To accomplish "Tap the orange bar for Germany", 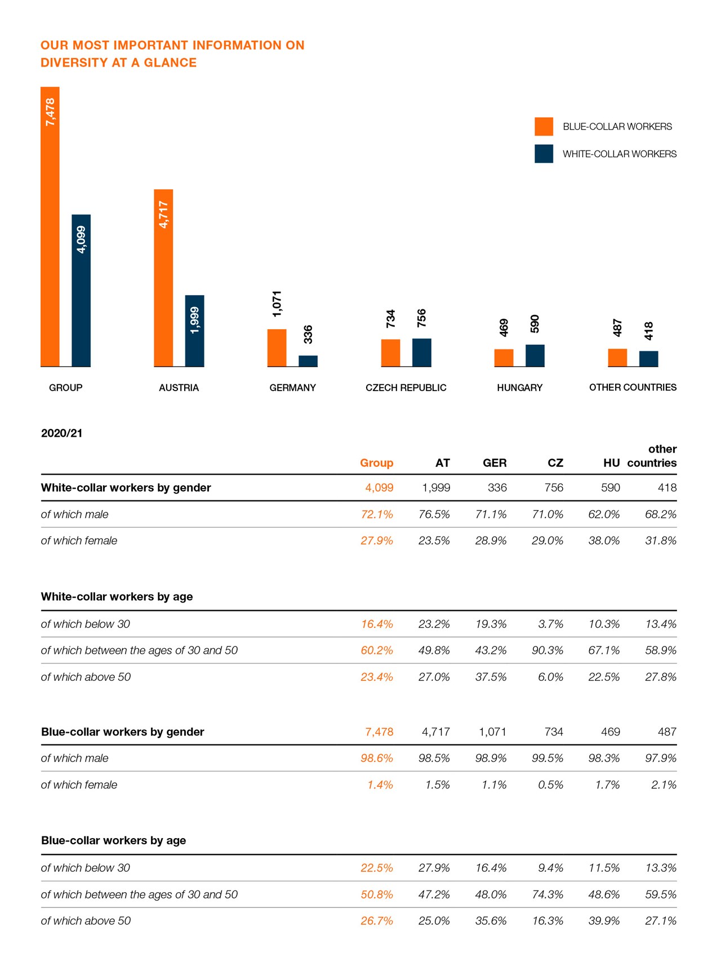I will tap(277, 348).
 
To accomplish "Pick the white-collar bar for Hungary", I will tap(535, 356).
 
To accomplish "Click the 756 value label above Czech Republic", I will tap(422, 318).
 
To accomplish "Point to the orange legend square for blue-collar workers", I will tap(544, 126).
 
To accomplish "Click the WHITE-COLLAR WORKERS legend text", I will tap(620, 154).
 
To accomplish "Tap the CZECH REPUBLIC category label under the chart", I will tap(406, 388).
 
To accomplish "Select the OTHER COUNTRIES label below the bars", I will tap(633, 387).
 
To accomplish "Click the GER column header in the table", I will tap(495, 463).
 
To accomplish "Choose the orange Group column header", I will tap(376, 463).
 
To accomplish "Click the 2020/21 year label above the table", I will tap(62, 433).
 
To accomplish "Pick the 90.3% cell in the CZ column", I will tap(548, 650).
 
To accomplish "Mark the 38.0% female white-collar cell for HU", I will tap(604, 540).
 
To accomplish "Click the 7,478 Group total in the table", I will tap(379, 732).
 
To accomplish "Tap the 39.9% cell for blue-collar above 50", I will tap(604, 920).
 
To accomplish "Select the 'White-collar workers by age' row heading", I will tap(117, 596).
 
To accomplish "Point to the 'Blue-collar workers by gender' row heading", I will tap(123, 732).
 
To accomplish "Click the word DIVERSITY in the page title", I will tap(74, 63).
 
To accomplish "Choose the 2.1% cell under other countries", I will tap(664, 785).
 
